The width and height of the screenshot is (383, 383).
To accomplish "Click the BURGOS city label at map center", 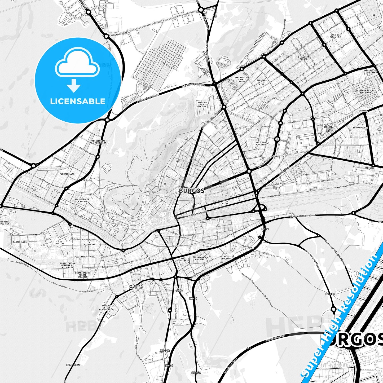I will tap(192, 191).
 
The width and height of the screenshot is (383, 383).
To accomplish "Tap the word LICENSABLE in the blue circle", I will tap(78, 101).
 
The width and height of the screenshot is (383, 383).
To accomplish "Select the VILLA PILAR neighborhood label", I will tap(225, 202).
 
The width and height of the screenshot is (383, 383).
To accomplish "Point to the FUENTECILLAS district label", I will tap(67, 174).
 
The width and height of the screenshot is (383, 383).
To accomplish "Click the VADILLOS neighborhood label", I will tap(180, 161).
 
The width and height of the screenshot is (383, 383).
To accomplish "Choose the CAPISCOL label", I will tap(369, 168).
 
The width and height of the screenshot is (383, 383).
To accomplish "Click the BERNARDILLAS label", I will tap(360, 128).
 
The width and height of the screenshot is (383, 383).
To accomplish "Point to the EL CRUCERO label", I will tap(225, 258).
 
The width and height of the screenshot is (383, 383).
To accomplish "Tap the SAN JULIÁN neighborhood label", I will tap(183, 259).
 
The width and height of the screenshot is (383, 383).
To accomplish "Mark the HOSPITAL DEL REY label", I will tap(5, 223).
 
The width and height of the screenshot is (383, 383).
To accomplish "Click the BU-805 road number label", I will tap(330, 294).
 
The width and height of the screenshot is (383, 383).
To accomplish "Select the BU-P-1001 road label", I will tap(73, 365).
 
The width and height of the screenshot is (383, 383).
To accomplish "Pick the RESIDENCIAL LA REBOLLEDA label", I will tap(98, 142).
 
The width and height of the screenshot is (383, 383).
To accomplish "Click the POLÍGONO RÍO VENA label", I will tap(261, 144).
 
